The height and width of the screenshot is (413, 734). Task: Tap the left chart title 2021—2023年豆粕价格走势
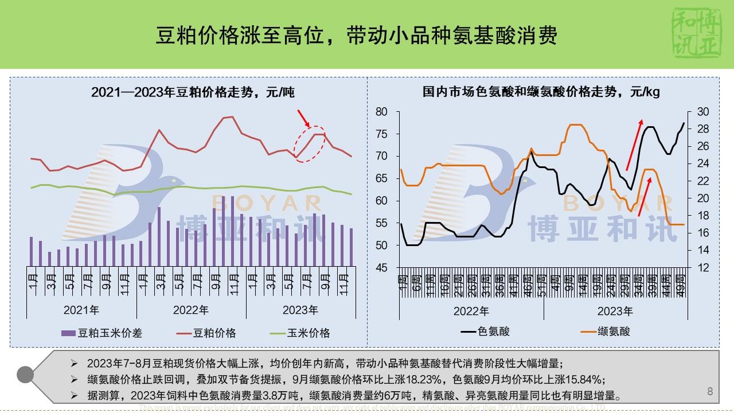coord(192,92)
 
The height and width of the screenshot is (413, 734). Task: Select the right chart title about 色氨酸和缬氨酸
coord(541,92)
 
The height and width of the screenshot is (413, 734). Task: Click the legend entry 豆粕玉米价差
coord(102,333)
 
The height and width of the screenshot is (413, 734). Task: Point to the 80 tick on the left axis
coord(381,111)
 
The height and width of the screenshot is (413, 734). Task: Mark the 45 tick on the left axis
coord(381,268)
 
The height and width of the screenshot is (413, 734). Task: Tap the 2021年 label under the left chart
coord(81,310)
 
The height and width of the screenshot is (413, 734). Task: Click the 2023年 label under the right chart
coord(615,311)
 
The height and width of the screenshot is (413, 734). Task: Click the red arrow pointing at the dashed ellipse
coord(303,118)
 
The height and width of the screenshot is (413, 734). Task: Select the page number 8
coord(710,392)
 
